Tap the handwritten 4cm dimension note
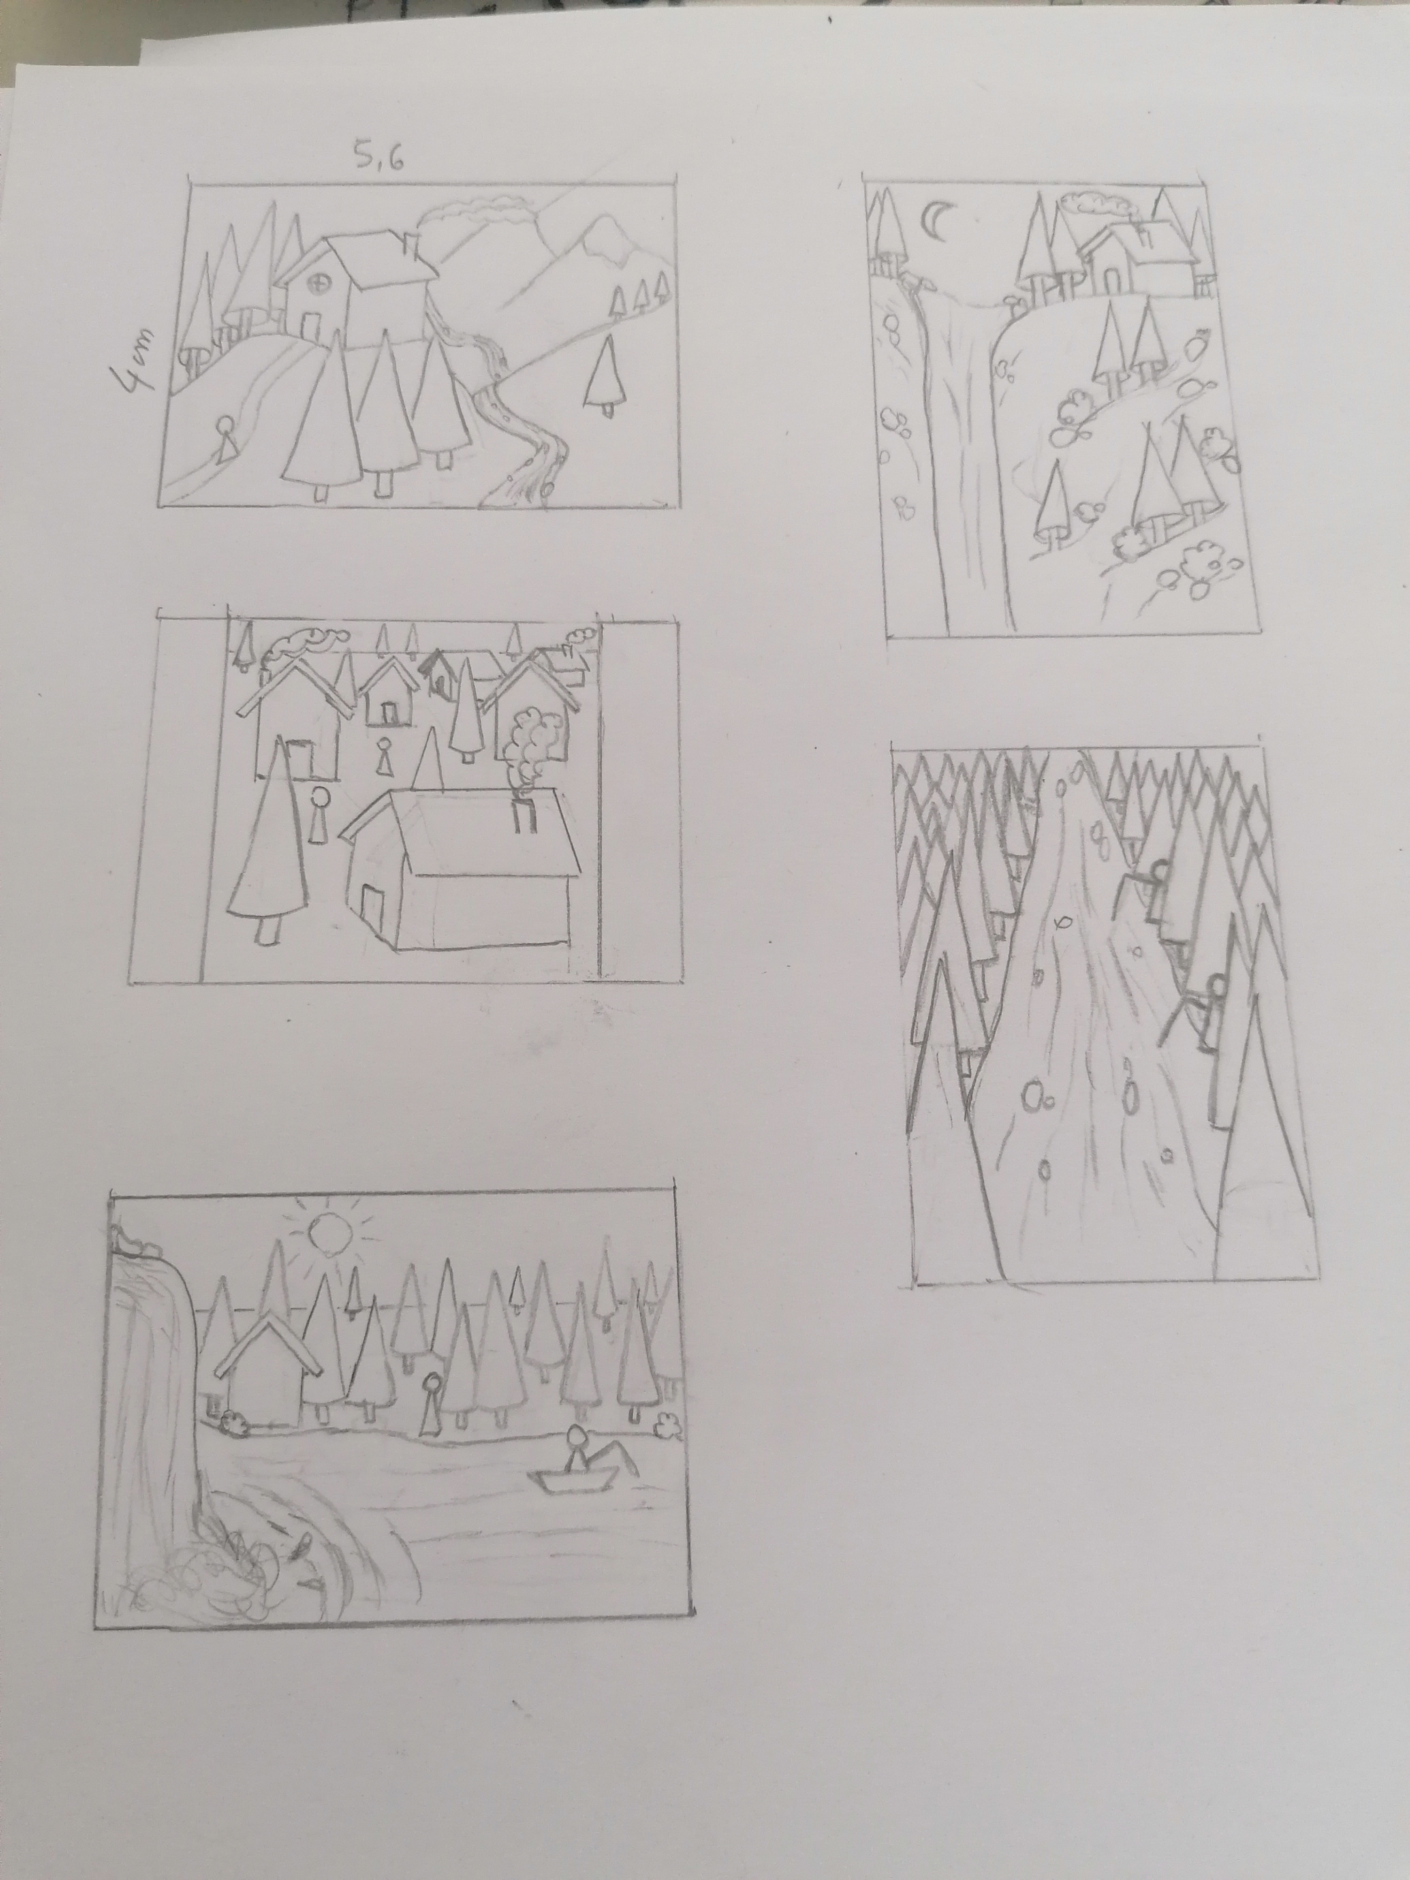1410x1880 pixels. [x=136, y=360]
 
